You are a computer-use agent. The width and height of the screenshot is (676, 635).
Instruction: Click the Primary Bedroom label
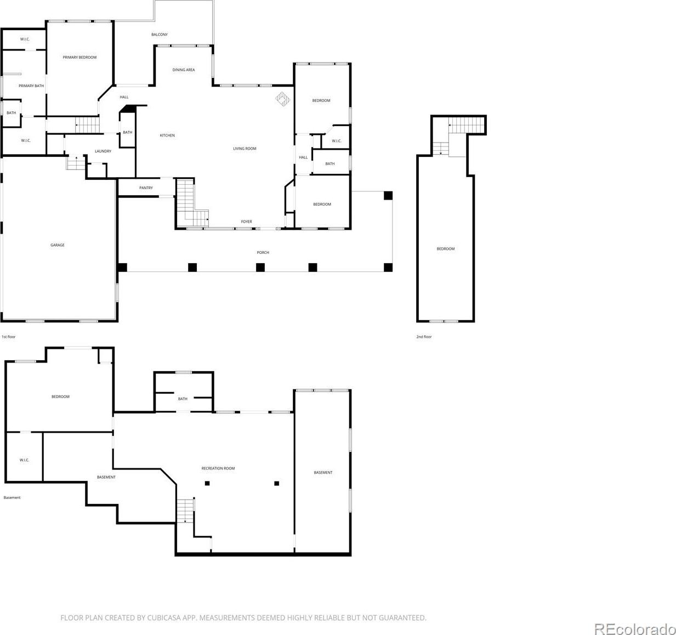(x=79, y=57)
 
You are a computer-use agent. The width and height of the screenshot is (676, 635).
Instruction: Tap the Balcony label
(x=160, y=35)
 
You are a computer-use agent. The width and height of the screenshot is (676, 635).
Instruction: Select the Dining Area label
(x=184, y=70)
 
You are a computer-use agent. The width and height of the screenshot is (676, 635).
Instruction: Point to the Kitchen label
(x=167, y=135)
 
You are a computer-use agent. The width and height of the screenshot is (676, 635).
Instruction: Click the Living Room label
(x=245, y=149)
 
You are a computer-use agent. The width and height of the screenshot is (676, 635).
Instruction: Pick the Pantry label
(x=146, y=188)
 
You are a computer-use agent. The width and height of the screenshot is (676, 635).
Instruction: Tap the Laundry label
(x=103, y=151)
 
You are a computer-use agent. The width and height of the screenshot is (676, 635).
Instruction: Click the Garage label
(x=58, y=245)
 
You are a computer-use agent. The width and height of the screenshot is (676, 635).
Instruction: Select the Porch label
(x=263, y=252)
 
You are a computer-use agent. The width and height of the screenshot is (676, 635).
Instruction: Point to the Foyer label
(x=246, y=222)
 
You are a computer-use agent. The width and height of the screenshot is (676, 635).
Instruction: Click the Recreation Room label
(x=218, y=468)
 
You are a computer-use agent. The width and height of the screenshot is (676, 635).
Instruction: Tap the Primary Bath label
(x=31, y=86)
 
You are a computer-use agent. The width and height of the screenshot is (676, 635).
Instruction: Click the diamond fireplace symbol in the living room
(x=282, y=99)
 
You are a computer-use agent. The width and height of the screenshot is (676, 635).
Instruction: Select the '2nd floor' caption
(x=424, y=337)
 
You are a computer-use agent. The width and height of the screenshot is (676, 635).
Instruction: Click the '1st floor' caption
(x=9, y=337)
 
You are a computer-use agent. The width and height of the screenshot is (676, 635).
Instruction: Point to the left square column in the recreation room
(x=207, y=483)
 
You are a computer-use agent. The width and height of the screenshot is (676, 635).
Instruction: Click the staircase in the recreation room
(x=185, y=511)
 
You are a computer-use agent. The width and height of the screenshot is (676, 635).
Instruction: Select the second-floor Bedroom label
(x=446, y=248)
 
